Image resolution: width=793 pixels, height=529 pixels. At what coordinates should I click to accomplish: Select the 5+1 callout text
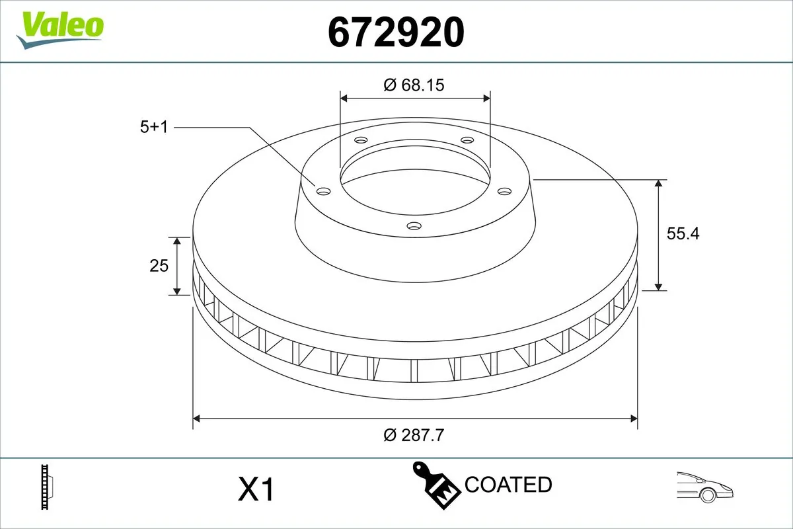pos(155,127)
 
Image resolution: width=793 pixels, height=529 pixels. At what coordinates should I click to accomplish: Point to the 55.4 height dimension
pos(683,233)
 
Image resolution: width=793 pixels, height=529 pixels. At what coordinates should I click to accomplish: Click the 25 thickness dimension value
pos(159,266)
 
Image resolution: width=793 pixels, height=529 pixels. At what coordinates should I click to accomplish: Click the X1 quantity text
pos(255,490)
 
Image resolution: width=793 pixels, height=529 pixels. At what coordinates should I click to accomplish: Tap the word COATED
pos(508,485)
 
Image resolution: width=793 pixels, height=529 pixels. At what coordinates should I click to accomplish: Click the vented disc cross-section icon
pos(46,487)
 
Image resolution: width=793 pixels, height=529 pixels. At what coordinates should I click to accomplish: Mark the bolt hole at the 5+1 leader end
pos(323,191)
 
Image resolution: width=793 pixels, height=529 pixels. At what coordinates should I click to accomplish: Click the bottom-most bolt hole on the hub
pos(414,226)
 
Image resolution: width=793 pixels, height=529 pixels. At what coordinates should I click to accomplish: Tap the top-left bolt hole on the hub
pos(361,140)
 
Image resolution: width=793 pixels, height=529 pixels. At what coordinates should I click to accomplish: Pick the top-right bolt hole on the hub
pos(467,140)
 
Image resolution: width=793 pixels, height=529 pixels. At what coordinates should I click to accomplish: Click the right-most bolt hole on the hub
pos(505,191)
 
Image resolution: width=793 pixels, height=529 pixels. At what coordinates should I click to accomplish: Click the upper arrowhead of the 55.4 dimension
pos(659,184)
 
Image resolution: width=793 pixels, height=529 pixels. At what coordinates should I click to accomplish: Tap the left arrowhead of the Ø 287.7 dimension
pos(197,418)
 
